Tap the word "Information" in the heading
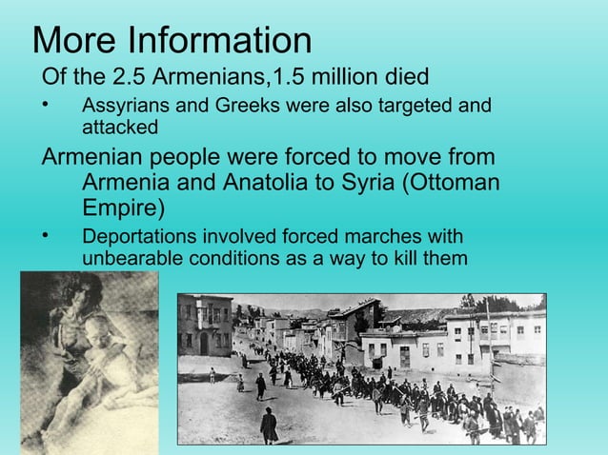[x=219, y=40]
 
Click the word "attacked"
[x=120, y=126]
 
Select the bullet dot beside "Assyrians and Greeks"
[x=45, y=104]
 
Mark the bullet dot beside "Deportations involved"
[x=45, y=234]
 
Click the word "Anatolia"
[x=274, y=182]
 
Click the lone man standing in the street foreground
[x=269, y=423]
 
